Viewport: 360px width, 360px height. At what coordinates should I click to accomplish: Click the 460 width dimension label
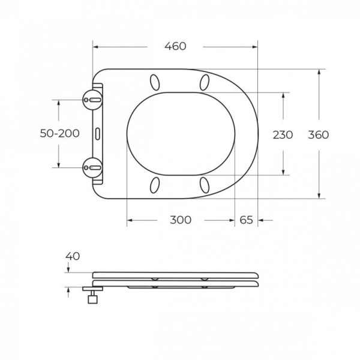[175, 46]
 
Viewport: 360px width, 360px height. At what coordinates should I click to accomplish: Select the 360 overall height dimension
[319, 134]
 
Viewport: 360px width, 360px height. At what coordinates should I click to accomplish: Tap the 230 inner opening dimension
[283, 134]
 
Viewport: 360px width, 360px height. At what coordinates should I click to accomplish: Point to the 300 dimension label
[181, 220]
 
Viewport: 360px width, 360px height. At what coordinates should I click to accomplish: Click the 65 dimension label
[247, 220]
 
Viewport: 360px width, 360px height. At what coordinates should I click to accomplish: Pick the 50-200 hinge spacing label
[59, 134]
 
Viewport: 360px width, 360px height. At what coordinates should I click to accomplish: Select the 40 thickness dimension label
[73, 256]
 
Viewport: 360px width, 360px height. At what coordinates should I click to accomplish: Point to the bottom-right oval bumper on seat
[205, 184]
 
